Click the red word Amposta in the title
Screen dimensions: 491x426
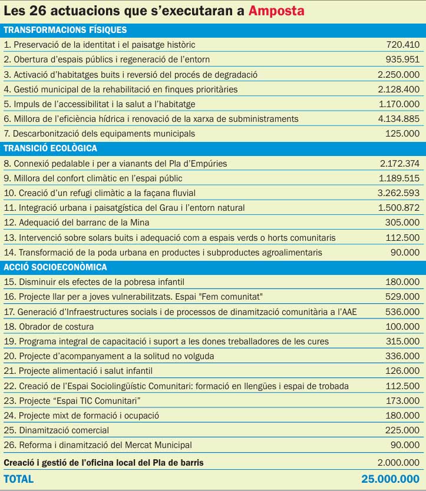pyautogui.click(x=276, y=11)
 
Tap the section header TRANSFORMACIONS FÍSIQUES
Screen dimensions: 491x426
pyautogui.click(x=65, y=30)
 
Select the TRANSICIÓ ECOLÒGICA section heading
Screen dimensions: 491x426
pyautogui.click(x=51, y=148)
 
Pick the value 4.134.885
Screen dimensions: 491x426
pyautogui.click(x=398, y=119)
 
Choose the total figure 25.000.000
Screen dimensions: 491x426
pyautogui.click(x=391, y=479)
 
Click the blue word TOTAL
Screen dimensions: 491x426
pyautogui.click(x=19, y=479)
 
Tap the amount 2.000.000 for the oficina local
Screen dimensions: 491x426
pyautogui.click(x=398, y=463)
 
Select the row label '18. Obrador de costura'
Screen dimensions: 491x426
pyautogui.click(x=49, y=327)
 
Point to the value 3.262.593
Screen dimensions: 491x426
pyautogui.click(x=398, y=193)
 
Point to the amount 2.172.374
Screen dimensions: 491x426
pyautogui.click(x=398, y=164)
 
